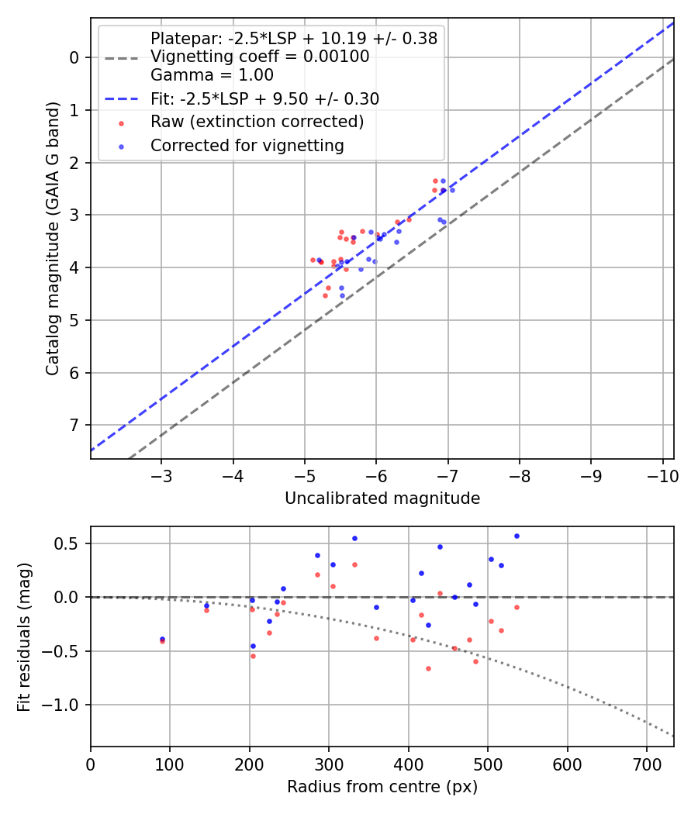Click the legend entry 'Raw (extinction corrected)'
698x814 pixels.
coord(257,122)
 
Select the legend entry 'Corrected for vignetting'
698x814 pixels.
coord(247,145)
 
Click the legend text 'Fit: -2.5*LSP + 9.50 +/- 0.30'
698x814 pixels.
coord(264,99)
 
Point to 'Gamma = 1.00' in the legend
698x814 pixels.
coord(212,75)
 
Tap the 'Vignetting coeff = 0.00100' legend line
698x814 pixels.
coord(260,57)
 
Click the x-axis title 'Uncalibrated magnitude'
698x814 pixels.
coord(382,498)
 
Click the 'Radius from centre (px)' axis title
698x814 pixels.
coord(382,787)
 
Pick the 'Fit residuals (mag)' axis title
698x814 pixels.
coord(24,636)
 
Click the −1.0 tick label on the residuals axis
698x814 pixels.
coord(64,705)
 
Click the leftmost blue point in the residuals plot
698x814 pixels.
coord(162,639)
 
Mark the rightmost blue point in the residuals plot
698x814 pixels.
coord(517,536)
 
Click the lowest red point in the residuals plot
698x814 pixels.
coord(428,668)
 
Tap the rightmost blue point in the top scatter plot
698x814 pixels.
coord(452,190)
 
